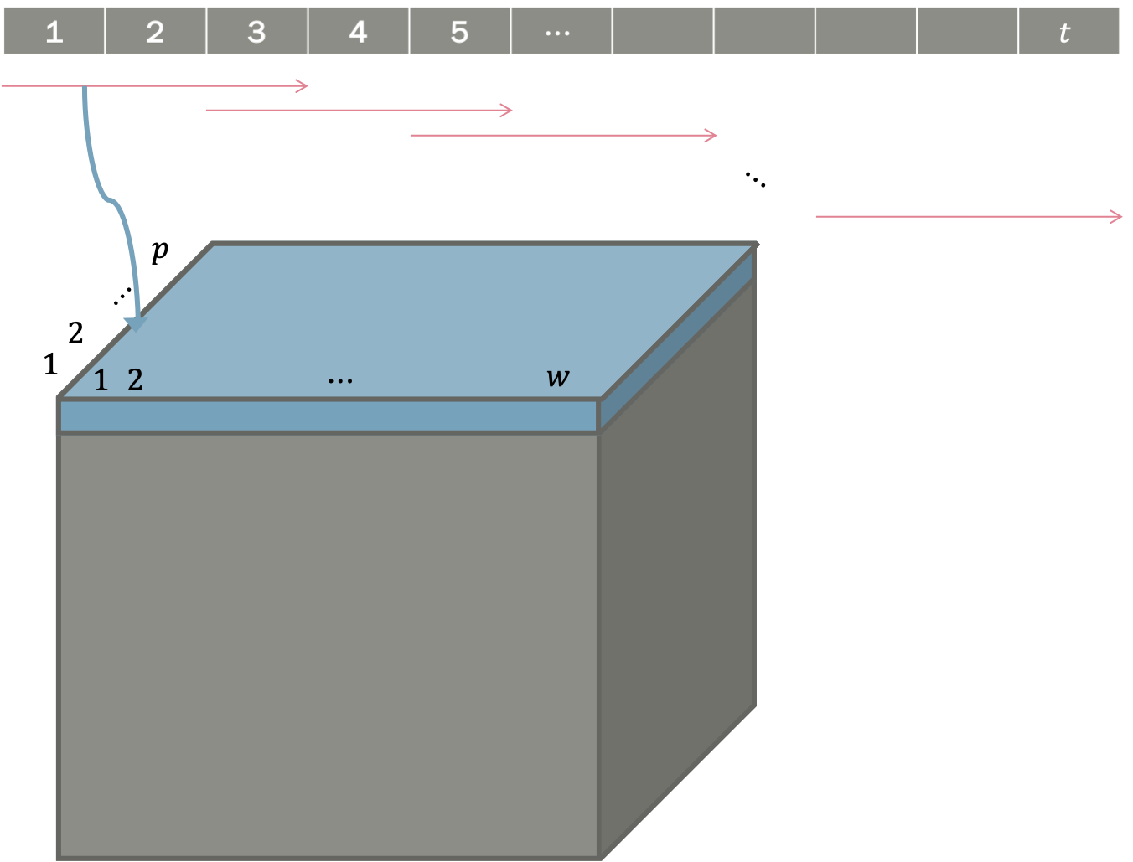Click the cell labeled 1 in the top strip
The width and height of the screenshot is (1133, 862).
[x=54, y=32]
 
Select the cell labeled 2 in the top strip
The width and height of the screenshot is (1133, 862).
[x=155, y=32]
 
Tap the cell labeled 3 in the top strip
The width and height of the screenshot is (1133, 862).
[x=256, y=32]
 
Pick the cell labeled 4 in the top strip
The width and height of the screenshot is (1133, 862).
[x=358, y=32]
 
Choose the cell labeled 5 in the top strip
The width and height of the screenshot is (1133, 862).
[x=459, y=32]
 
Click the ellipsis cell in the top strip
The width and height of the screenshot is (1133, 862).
[x=560, y=32]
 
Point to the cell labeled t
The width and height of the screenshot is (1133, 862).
[x=1067, y=32]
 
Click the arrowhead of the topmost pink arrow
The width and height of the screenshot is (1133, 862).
[x=304, y=85]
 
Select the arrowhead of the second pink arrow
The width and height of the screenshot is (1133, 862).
[x=508, y=110]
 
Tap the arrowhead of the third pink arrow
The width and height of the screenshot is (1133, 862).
[x=712, y=135]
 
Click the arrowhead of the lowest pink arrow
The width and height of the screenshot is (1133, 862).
[x=1118, y=217]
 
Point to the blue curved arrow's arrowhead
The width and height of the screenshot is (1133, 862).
[x=135, y=324]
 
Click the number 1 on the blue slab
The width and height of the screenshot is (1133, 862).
[x=101, y=381]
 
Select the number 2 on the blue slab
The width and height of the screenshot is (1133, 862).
[x=135, y=380]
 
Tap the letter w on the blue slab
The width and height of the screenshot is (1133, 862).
[x=557, y=378]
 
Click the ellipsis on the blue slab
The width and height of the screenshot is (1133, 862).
[x=340, y=381]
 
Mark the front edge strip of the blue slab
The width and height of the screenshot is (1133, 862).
[x=327, y=416]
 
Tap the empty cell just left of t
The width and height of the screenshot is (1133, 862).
[x=967, y=32]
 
